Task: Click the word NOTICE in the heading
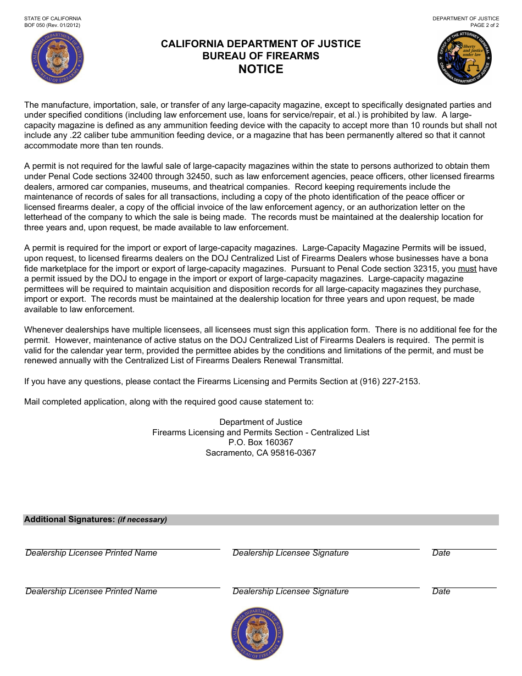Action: point(260,69)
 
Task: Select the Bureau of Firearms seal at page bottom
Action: point(257,634)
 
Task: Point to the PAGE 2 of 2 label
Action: point(484,25)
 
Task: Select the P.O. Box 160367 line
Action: point(260,442)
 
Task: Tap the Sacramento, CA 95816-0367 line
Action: point(260,453)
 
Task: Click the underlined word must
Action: point(467,269)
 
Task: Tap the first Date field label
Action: point(441,553)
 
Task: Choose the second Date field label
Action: point(441,591)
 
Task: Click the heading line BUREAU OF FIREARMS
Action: point(260,56)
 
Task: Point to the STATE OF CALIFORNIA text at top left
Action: point(53,19)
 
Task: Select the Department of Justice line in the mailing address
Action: point(260,422)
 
